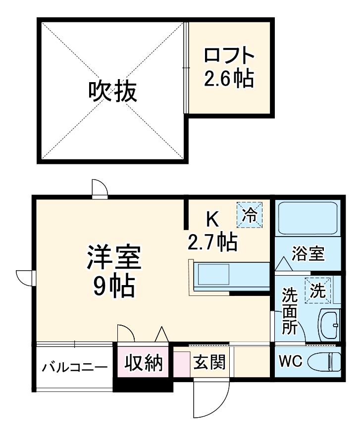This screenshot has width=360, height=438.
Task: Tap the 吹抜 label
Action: tap(112, 91)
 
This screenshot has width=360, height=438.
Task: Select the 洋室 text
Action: tap(114, 258)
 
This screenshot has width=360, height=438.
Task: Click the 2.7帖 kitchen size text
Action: tap(212, 242)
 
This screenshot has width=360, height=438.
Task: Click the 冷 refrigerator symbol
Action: tap(250, 215)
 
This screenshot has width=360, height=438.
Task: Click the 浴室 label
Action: tap(308, 254)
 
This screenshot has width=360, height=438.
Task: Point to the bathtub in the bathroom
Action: tap(307, 218)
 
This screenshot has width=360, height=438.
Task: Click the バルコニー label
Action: tap(74, 367)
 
